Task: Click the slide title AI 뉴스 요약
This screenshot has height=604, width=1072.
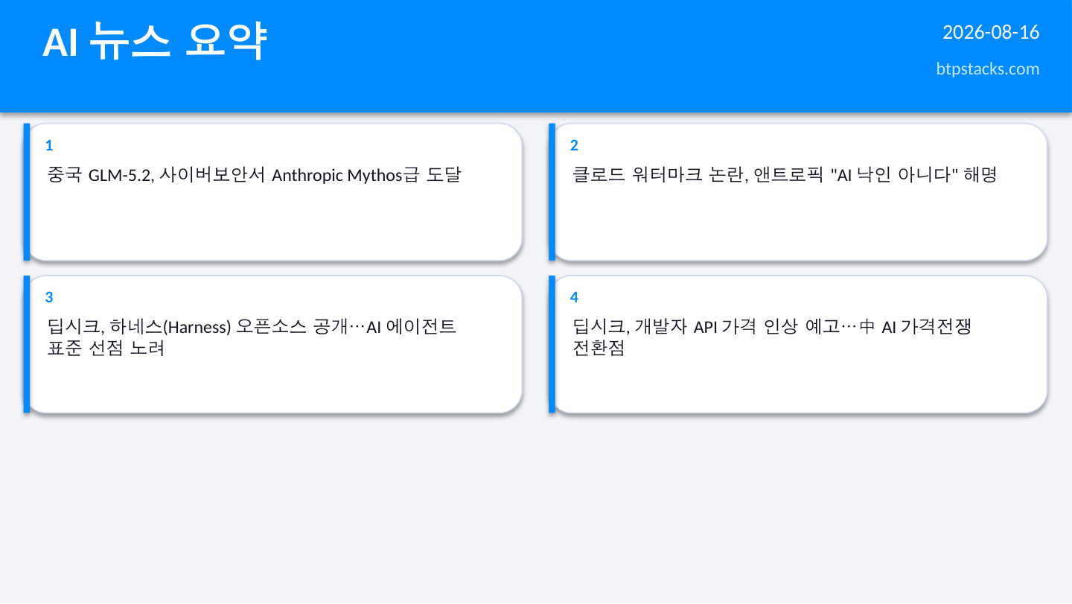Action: point(155,41)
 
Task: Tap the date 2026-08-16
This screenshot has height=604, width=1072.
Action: point(991,33)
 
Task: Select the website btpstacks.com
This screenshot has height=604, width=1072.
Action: point(987,69)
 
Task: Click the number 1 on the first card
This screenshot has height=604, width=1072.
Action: point(49,145)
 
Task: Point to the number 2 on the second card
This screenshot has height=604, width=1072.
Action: point(574,145)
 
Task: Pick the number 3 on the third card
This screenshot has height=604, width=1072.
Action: point(49,297)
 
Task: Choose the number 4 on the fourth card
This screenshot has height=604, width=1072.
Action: point(574,297)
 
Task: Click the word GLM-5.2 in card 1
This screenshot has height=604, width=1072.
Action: point(121,175)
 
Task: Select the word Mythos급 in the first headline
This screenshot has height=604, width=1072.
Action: point(383,175)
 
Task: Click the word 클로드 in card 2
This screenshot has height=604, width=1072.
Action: point(599,174)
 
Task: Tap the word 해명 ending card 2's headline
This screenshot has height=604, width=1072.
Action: point(980,174)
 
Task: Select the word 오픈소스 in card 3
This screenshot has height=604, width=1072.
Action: point(271,326)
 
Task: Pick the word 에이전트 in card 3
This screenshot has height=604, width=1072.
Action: point(421,326)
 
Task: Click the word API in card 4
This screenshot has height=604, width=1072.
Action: point(705,328)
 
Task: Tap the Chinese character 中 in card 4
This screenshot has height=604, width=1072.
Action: point(867,326)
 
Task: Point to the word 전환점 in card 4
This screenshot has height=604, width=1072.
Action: point(599,348)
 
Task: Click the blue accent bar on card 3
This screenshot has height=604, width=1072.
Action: point(27,344)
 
